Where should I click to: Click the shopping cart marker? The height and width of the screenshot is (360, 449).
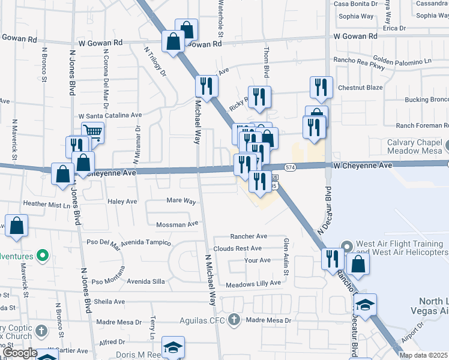coord(92,131)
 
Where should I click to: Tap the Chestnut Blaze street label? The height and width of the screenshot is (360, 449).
coord(360,88)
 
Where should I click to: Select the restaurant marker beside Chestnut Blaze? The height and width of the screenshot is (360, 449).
coord(322,87)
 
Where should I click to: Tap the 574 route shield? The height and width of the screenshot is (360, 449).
coord(291,167)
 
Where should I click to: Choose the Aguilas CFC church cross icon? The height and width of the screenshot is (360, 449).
coord(234,320)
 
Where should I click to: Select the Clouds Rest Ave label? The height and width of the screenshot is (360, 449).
coord(237,248)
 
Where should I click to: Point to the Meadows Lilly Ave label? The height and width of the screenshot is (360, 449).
coord(253,283)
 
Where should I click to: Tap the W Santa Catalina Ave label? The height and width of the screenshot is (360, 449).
coord(110,115)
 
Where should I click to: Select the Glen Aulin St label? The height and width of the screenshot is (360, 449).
coord(286,257)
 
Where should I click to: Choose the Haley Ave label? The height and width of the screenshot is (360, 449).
coord(122,202)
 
